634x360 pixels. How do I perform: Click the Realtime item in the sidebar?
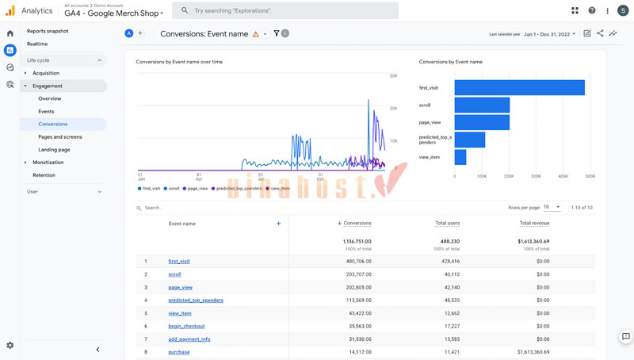pos(37,44)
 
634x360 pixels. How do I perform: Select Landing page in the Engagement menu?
pos(54,149)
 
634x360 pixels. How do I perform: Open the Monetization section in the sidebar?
pos(48,162)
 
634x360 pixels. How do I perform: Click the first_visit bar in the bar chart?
pos(519,88)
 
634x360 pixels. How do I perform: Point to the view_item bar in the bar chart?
pos(460,157)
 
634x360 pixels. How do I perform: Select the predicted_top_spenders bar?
pos(470,140)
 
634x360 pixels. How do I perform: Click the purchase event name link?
pos(178,352)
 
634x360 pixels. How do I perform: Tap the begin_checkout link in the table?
pos(186,326)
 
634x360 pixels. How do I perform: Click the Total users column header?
pos(447,224)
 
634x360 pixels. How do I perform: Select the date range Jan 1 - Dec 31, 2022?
pos(549,34)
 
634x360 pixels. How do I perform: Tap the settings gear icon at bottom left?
pos(10,346)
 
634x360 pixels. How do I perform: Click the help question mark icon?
pos(591,11)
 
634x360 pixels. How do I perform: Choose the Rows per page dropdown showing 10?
pos(552,207)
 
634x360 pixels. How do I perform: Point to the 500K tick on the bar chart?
pos(590,176)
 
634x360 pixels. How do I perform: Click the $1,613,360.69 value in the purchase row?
pos(533,352)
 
